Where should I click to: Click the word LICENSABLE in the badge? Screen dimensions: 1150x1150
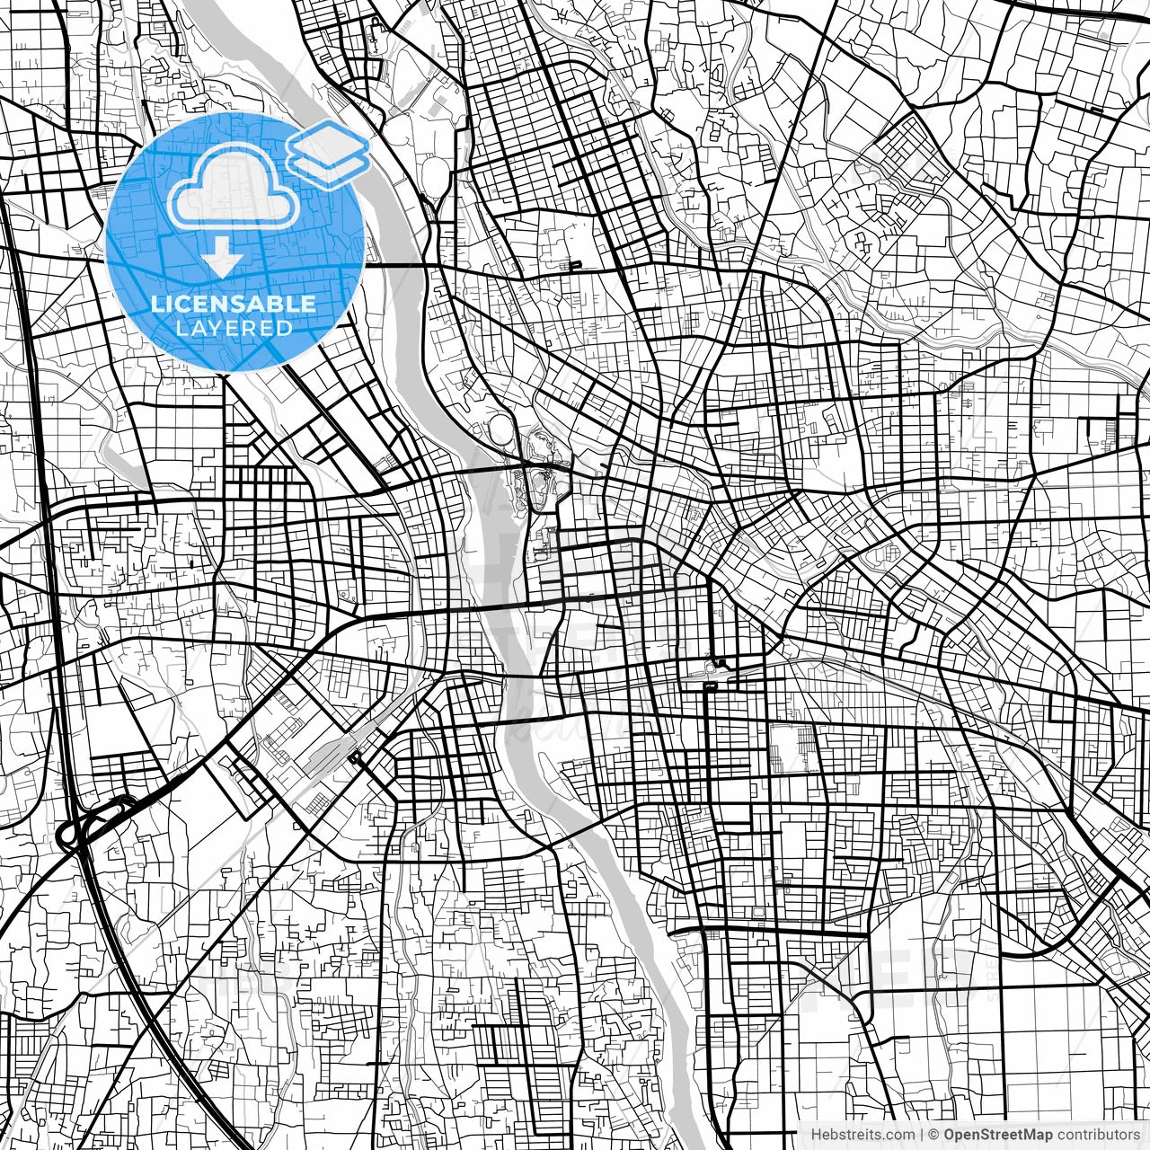234,304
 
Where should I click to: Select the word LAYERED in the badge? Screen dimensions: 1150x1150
234,329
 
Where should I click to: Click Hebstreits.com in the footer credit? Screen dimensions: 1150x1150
857,1135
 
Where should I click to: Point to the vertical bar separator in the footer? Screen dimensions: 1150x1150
921,1135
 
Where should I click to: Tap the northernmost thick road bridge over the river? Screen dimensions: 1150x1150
395,265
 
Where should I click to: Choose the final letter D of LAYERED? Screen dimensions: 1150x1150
285,329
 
